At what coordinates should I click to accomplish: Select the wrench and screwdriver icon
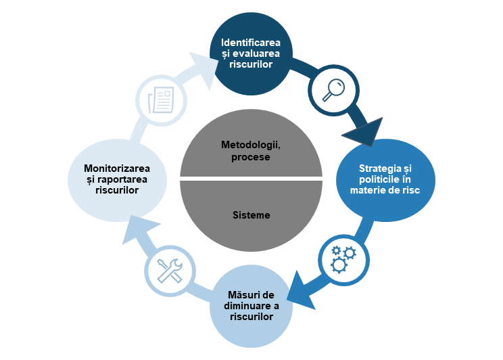point(169,270)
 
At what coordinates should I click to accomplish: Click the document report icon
point(161,99)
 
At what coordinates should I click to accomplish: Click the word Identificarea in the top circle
point(251,42)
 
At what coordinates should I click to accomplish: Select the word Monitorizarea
point(117,168)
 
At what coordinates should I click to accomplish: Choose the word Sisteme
point(251,215)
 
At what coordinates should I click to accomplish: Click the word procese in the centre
point(251,157)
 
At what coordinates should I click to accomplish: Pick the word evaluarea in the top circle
point(260,53)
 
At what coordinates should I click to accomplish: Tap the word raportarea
point(123,179)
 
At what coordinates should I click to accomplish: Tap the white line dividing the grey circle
point(251,179)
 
